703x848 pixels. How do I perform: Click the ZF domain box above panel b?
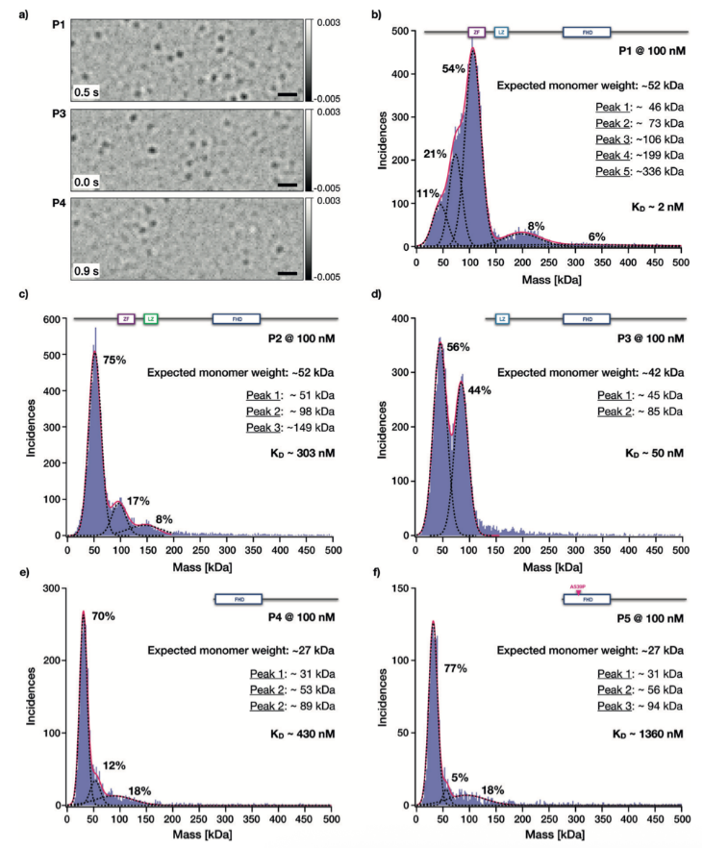point(474,32)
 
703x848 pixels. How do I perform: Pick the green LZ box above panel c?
point(150,318)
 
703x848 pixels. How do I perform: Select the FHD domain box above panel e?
point(232,599)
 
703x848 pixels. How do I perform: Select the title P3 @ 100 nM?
point(652,338)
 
